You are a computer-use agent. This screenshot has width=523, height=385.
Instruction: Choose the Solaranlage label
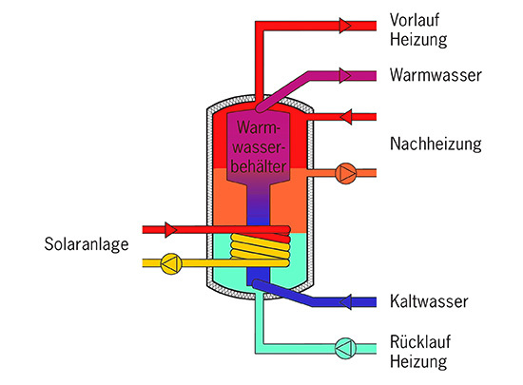[85, 244]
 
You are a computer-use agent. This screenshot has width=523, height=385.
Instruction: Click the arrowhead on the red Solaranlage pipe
[170, 229]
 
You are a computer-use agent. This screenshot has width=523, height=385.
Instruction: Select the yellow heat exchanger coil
[261, 250]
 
